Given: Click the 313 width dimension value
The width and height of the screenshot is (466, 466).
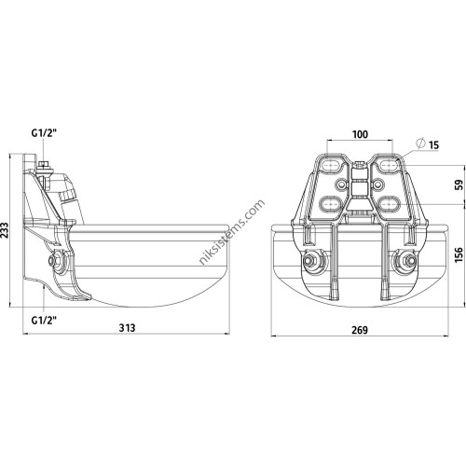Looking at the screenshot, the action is pos(128,328).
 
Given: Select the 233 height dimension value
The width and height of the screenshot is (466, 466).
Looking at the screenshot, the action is pos(5,230).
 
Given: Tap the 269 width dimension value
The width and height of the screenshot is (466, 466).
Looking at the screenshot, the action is pos(360,330).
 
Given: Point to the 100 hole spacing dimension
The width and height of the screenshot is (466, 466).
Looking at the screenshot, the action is pos(360,134).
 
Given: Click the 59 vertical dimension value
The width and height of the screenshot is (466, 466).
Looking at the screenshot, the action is pos(459,185).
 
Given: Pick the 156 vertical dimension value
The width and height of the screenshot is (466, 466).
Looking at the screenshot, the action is pos(459,254).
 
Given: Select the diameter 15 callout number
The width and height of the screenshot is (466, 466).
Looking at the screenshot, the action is pos(433,145).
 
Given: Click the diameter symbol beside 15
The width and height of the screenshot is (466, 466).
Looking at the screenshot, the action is pos(420,144).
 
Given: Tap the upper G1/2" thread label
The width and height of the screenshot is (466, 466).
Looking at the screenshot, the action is pos(45,133).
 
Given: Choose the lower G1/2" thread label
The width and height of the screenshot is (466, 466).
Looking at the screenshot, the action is pos(45,320).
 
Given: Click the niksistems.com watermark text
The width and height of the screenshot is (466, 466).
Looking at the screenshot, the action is pos(232,232).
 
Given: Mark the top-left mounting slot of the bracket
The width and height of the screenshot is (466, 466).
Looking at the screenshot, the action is pos(331,165).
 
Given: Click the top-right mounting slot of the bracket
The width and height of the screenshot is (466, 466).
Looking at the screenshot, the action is pos(389,165).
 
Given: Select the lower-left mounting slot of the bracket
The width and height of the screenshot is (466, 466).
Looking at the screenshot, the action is pos(329,203).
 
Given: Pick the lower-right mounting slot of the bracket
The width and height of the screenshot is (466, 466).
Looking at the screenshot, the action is pos(389,203).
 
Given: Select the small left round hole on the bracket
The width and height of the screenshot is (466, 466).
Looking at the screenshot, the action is pos(341,185).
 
